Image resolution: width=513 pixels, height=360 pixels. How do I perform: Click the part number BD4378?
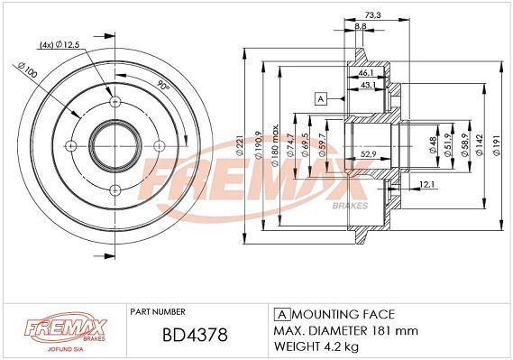pos(195,335)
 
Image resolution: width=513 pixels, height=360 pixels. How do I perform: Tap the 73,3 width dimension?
pos(373,15)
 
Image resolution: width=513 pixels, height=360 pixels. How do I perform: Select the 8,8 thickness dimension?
pos(361,26)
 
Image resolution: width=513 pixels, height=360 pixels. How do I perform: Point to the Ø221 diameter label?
pos(239,144)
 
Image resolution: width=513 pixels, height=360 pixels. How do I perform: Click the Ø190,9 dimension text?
pos(258,145)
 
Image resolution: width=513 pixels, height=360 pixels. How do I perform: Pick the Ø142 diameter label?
pos(480,144)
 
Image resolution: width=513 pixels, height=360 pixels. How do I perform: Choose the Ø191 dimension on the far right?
pos(497,144)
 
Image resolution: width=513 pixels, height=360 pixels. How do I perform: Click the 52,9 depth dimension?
pos(369,153)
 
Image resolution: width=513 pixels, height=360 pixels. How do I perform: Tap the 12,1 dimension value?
pos(426,185)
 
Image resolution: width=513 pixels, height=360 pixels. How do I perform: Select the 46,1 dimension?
pos(366,73)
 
